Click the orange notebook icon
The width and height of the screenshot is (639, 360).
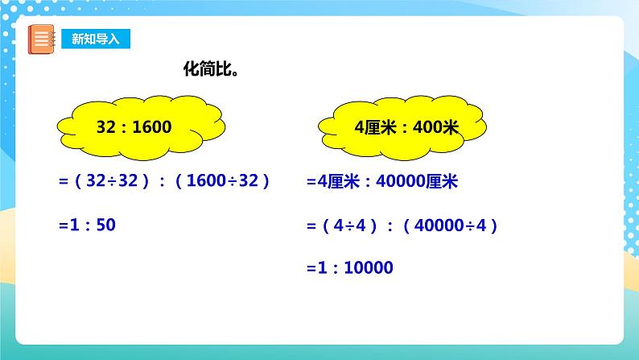tap(39, 39)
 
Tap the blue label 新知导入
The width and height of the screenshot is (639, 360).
tap(94, 39)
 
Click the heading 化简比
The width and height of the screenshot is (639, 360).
tap(212, 70)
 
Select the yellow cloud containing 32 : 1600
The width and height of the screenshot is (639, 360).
tap(140, 126)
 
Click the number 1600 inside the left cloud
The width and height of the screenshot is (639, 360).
tap(154, 127)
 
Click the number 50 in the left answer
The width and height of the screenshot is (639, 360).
tap(106, 226)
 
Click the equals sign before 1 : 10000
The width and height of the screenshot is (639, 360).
tap(311, 268)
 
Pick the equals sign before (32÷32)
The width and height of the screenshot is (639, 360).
tap(62, 182)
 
